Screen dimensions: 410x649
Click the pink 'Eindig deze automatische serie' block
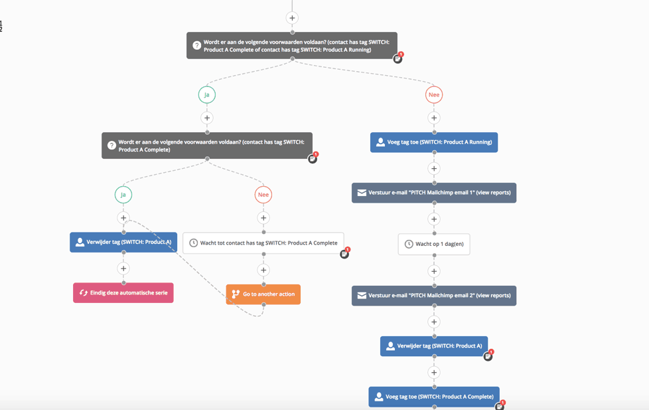pyautogui.click(x=123, y=293)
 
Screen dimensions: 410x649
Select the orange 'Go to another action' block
pyautogui.click(x=263, y=294)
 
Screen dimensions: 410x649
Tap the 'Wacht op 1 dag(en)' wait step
pyautogui.click(x=434, y=244)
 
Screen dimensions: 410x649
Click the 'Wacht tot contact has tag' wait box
pyautogui.click(x=263, y=243)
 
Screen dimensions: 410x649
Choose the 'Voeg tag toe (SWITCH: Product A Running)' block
pyautogui.click(x=434, y=142)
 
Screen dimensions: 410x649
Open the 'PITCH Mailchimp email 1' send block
pyautogui.click(x=434, y=193)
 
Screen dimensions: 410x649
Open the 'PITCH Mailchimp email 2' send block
pyautogui.click(x=434, y=296)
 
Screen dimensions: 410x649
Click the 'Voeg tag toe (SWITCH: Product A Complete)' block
pyautogui.click(x=434, y=397)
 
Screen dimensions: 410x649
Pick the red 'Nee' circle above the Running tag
pyautogui.click(x=434, y=95)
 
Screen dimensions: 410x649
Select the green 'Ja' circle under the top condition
pyautogui.click(x=207, y=95)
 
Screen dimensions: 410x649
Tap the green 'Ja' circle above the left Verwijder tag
pyautogui.click(x=123, y=195)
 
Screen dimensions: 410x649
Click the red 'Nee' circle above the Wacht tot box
pyautogui.click(x=263, y=195)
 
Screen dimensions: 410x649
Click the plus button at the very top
pyautogui.click(x=292, y=18)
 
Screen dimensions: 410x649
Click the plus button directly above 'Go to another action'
pyautogui.click(x=263, y=270)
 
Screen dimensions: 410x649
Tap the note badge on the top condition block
pyautogui.click(x=397, y=58)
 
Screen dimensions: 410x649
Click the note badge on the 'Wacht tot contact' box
pyautogui.click(x=344, y=254)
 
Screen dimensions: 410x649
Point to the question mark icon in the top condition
pyautogui.click(x=197, y=46)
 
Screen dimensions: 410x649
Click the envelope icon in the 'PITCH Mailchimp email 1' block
pyautogui.click(x=362, y=193)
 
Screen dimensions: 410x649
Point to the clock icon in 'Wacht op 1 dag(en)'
pyautogui.click(x=409, y=244)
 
